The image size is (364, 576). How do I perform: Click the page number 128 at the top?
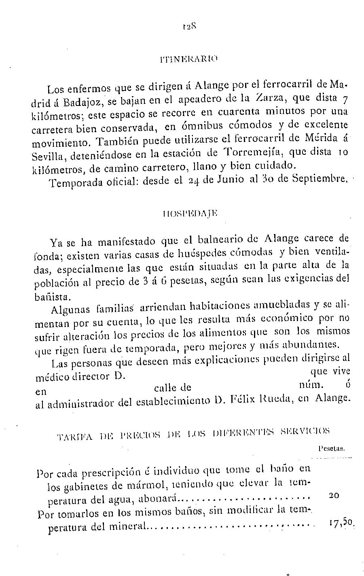[189, 27]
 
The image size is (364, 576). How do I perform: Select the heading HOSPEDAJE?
[189, 213]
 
